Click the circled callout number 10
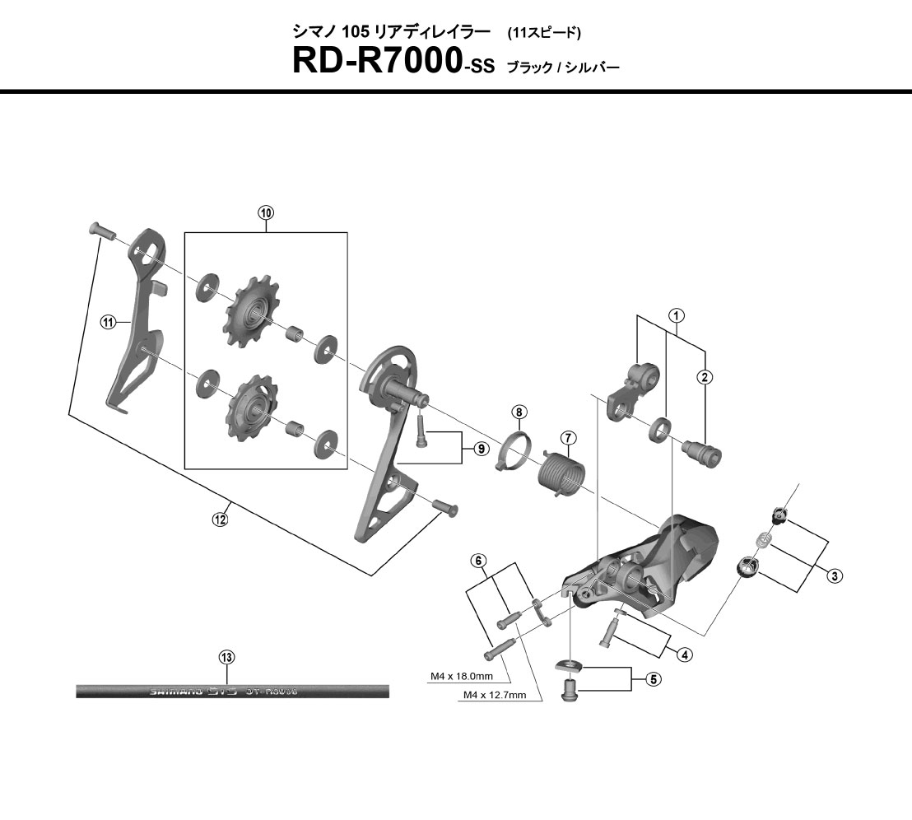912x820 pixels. [266, 212]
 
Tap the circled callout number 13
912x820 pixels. [227, 657]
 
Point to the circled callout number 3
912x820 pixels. [835, 575]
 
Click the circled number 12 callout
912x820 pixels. [220, 519]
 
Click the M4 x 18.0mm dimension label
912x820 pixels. [462, 677]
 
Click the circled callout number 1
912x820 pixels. [676, 315]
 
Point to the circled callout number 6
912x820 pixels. [477, 561]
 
